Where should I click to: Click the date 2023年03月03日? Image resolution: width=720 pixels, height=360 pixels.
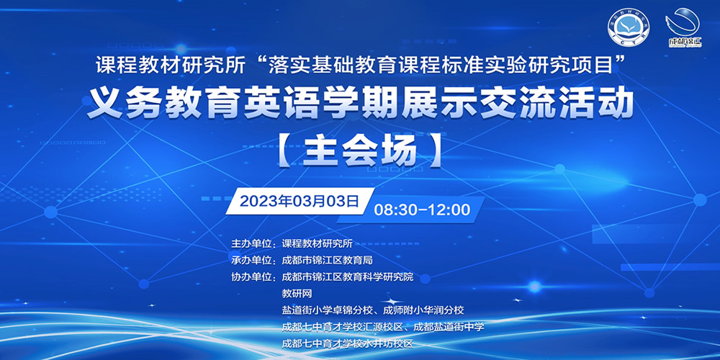300,201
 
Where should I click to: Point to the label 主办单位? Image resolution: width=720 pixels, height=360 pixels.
253,243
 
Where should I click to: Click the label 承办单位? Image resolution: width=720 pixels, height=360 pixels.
253,260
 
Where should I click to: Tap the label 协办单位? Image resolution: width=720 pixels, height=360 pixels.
253,276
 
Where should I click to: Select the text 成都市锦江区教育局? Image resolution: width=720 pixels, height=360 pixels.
327,260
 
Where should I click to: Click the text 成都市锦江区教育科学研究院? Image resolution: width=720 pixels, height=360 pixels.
348,276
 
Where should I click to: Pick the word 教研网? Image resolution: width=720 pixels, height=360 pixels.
297,293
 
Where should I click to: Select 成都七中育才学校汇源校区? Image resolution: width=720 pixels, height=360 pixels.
342,326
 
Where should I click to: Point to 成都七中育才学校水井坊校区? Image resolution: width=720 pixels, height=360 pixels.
348,343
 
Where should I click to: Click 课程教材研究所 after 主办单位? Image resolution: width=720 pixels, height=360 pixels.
317,243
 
